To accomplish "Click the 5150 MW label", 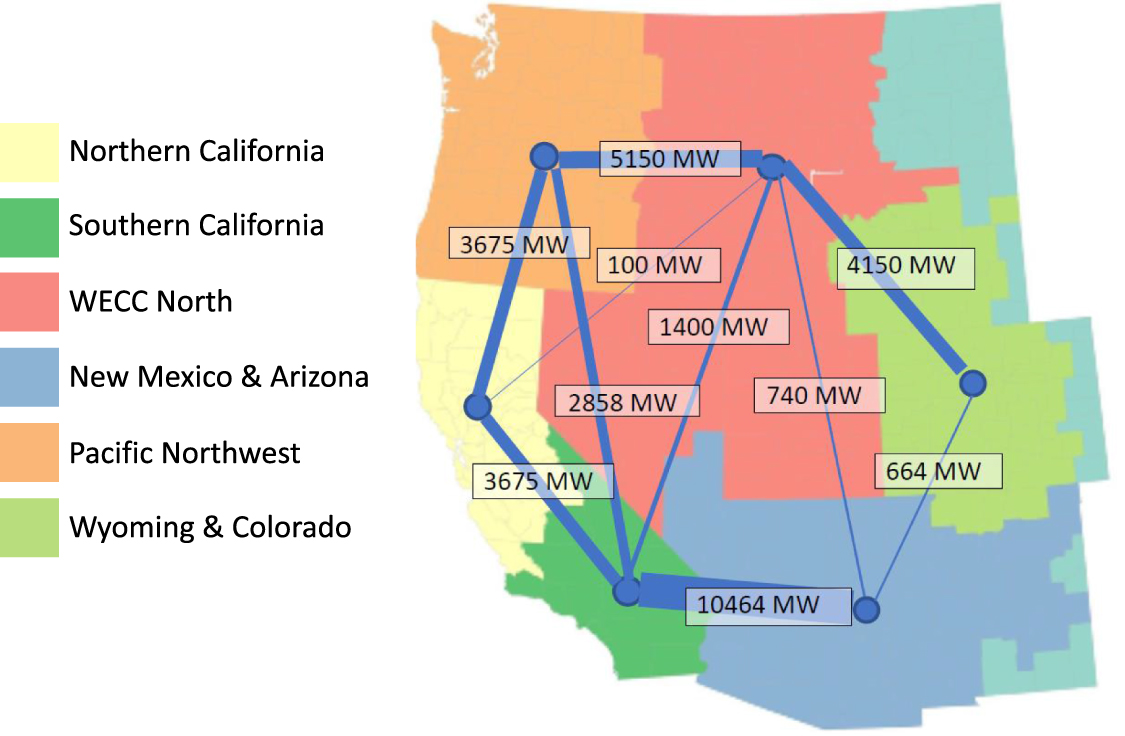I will point(670,159).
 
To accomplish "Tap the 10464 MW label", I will point(767,605).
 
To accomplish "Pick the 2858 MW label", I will point(626,401).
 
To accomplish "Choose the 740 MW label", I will point(819,395).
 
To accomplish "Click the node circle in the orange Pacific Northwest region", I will point(543,156).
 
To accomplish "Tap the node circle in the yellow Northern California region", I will point(477,407).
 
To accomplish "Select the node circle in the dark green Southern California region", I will point(627,591).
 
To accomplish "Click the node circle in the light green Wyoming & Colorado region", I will point(972,382).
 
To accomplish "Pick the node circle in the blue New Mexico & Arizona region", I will point(866,609).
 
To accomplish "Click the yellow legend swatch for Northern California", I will point(29,152).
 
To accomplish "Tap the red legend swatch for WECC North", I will point(29,302).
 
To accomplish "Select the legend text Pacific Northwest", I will point(184,453).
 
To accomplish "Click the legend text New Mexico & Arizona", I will point(218,377).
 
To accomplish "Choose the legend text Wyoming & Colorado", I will point(210,527).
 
